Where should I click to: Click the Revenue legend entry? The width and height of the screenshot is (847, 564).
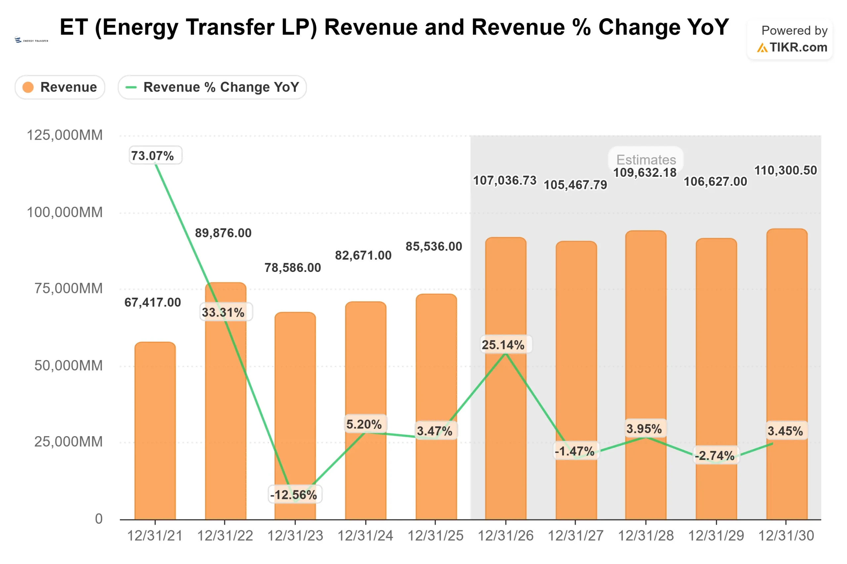[x=60, y=87]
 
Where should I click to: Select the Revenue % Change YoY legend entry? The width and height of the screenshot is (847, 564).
[x=212, y=87]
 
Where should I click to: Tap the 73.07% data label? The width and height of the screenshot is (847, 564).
[x=155, y=156]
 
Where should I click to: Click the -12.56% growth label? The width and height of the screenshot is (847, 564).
[x=294, y=495]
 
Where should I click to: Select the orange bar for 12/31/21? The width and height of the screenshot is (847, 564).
[x=155, y=432]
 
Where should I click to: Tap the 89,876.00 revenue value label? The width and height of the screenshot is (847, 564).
[x=223, y=233]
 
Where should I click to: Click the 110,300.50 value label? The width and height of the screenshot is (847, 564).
[x=785, y=170]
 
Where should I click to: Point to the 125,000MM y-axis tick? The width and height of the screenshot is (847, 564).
[x=65, y=135]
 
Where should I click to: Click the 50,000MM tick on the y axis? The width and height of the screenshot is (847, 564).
[x=68, y=365]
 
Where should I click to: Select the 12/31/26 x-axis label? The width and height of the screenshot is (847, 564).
[x=505, y=536]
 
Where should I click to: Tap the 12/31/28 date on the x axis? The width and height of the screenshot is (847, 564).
[x=646, y=536]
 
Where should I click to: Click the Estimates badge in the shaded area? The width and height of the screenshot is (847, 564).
[x=646, y=159]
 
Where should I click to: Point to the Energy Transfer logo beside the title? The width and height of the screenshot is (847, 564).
[x=31, y=40]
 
